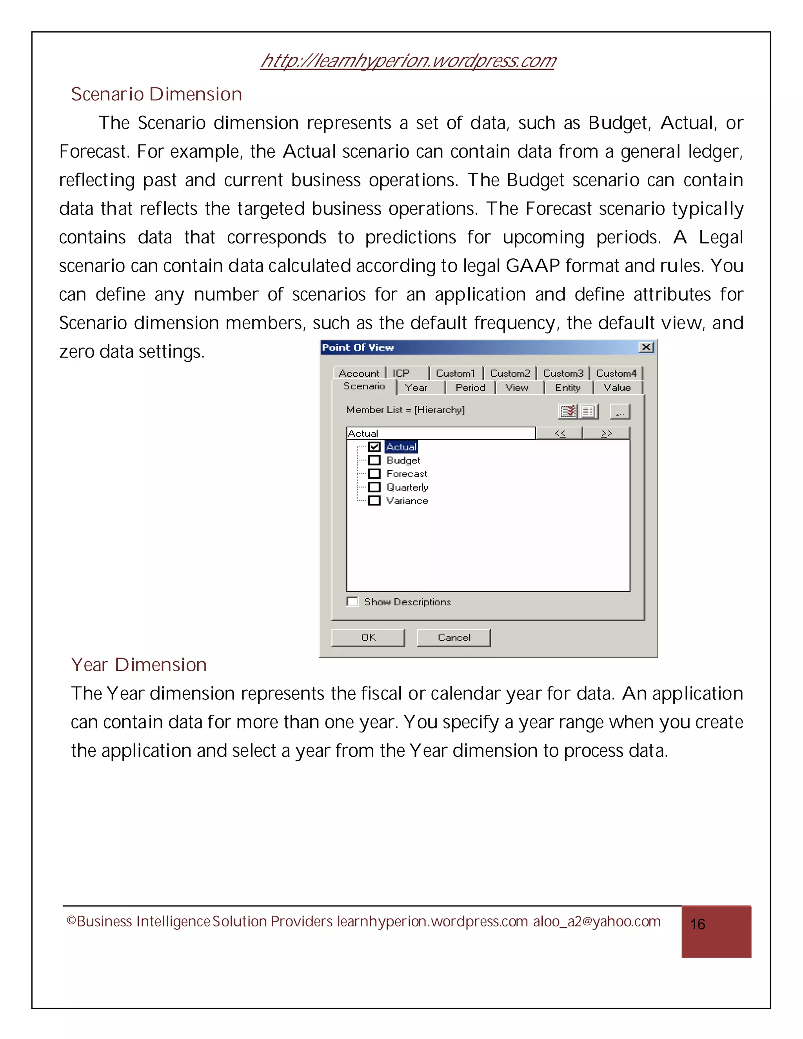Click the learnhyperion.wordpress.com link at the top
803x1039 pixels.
408,61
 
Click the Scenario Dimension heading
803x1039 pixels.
156,94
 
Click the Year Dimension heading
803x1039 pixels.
138,665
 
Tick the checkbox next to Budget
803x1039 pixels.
374,460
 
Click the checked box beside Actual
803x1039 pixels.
374,447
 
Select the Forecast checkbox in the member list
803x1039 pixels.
374,474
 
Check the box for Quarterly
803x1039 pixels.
374,487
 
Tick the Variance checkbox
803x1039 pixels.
374,500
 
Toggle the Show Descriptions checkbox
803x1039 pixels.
352,602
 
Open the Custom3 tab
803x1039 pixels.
563,373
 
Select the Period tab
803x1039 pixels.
470,388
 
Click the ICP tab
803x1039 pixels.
401,373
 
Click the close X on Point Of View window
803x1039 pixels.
646,347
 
